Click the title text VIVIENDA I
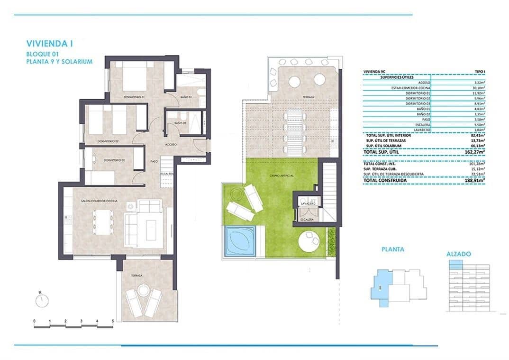(x=50, y=44)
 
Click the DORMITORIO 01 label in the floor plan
(x=134, y=97)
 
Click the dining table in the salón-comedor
(x=102, y=222)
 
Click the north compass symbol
(x=42, y=300)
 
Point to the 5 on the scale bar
(x=112, y=321)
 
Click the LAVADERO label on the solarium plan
(x=308, y=203)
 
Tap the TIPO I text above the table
(x=478, y=71)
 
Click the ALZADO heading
(x=458, y=254)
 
